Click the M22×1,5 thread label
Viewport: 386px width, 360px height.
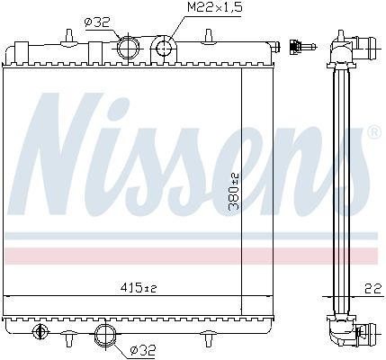(214, 7)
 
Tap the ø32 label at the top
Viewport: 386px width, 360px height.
(97, 22)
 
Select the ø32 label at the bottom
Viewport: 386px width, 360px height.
(143, 349)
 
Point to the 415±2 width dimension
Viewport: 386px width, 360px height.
(139, 288)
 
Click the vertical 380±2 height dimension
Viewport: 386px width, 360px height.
(234, 192)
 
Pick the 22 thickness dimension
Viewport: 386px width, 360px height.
(373, 289)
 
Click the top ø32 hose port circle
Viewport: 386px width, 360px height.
(128, 48)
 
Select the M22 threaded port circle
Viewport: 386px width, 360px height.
(164, 48)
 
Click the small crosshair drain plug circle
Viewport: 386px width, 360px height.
(40, 331)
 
